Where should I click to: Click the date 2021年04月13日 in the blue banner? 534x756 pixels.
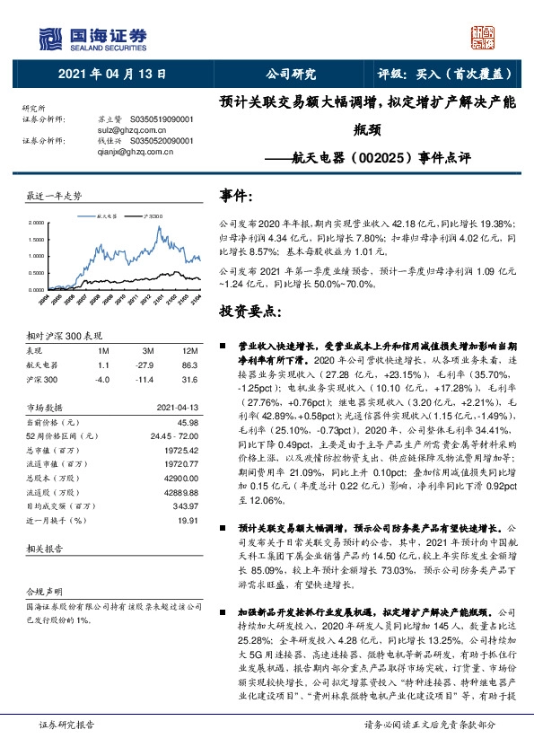click(111, 75)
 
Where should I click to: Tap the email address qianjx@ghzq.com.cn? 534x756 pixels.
click(121, 152)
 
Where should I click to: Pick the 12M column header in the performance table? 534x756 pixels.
click(189, 350)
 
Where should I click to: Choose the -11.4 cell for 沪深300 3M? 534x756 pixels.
click(143, 380)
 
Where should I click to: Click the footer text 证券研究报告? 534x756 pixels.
click(66, 723)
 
